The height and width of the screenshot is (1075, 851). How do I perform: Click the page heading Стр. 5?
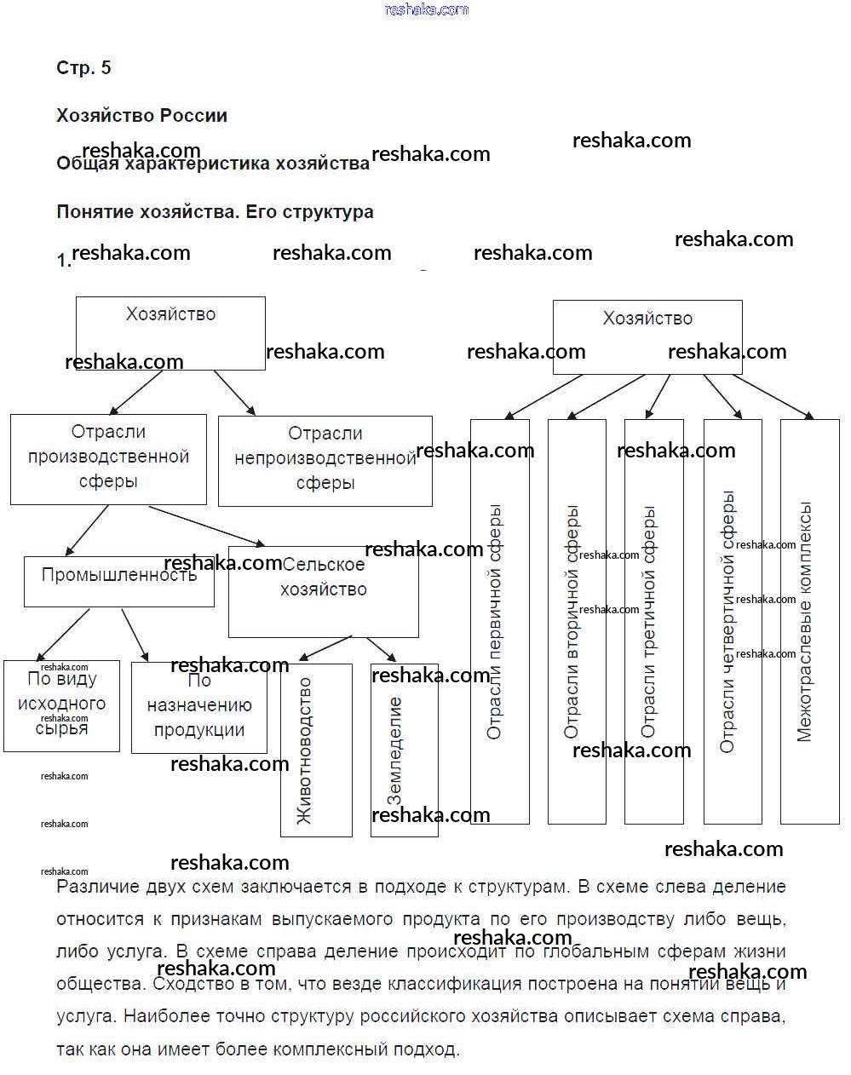(x=83, y=68)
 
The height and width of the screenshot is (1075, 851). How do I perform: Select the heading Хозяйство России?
(x=141, y=116)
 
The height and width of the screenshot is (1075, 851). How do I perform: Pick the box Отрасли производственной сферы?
(x=108, y=458)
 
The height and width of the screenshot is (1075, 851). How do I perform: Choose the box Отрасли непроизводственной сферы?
(x=325, y=460)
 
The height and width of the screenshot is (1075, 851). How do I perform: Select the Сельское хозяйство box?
(x=323, y=591)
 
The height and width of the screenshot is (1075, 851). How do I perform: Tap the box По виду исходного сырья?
(x=61, y=705)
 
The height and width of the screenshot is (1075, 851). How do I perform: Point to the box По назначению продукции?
(x=198, y=708)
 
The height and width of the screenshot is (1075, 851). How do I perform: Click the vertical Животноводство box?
(x=316, y=750)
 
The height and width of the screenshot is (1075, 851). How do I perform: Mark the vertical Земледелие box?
(x=405, y=750)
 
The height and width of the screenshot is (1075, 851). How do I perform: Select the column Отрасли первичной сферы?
(x=500, y=622)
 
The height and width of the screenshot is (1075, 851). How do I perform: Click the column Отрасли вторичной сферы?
(x=577, y=622)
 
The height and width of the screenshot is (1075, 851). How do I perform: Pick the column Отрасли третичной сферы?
(x=653, y=622)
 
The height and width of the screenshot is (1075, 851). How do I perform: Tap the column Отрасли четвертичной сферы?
(x=733, y=622)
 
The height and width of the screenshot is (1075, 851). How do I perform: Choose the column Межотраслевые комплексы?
(x=809, y=622)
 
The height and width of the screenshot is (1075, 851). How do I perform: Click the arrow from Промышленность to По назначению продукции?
(x=135, y=635)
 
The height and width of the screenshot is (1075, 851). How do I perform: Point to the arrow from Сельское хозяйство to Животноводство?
(x=324, y=649)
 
